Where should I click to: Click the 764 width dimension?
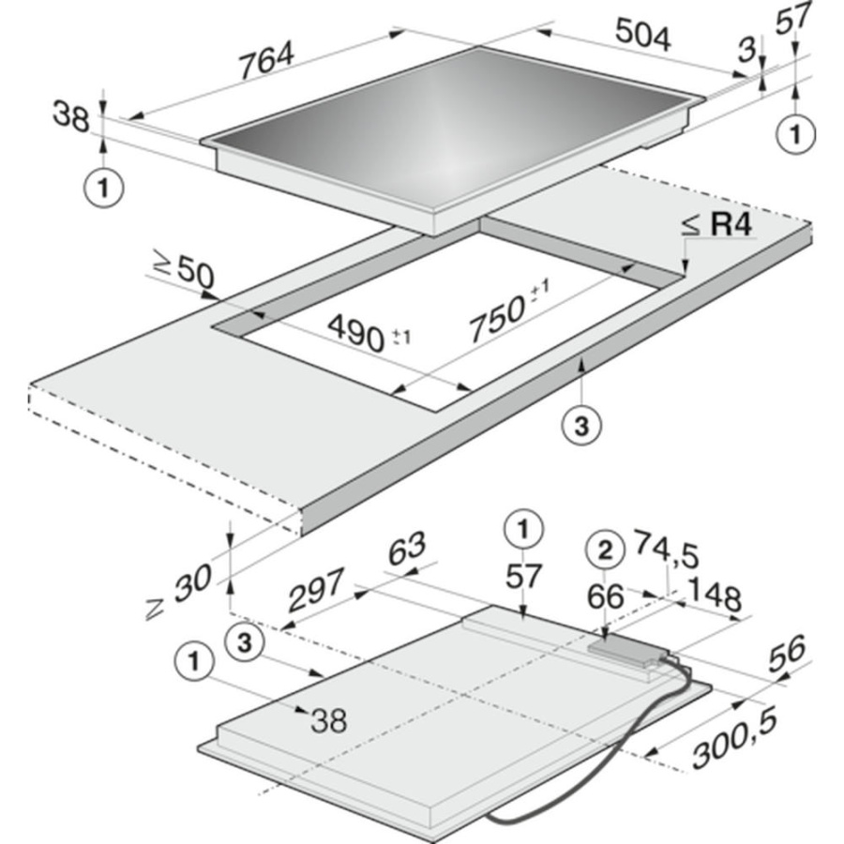pos(267,60)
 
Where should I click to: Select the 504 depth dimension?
pos(642,35)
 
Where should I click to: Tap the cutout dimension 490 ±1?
pos(369,333)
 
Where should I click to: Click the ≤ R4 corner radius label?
pos(717,225)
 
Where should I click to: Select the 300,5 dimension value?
pos(734,737)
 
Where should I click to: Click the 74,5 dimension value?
pos(667,549)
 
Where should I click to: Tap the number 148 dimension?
pos(715,594)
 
